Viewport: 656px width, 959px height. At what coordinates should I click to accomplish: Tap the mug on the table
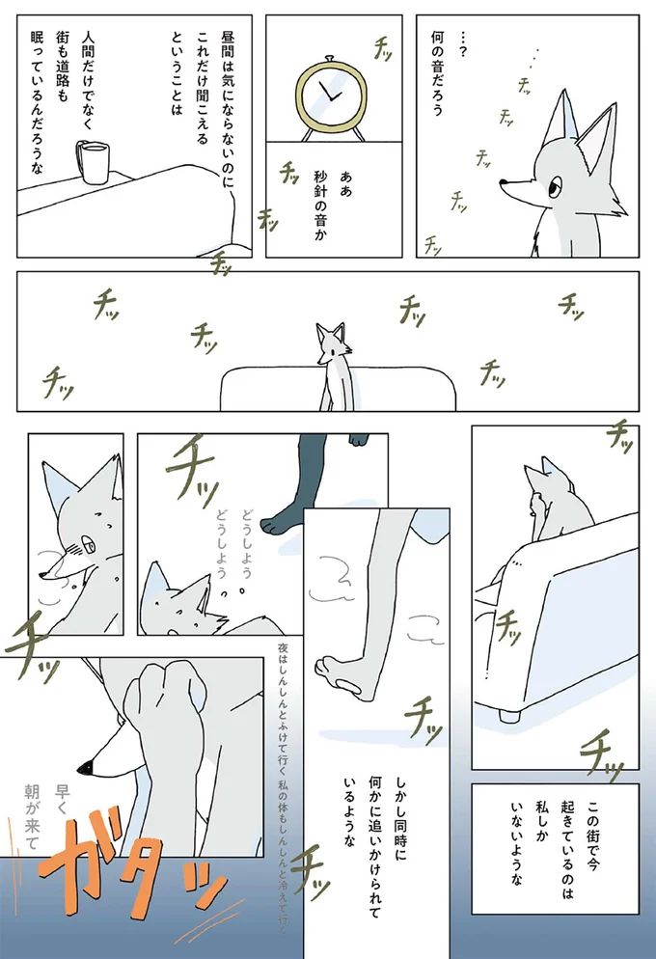(x=93, y=163)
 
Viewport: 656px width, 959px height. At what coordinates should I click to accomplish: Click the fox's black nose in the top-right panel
(x=505, y=180)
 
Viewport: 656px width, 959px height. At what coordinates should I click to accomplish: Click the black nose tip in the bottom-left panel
(x=84, y=767)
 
